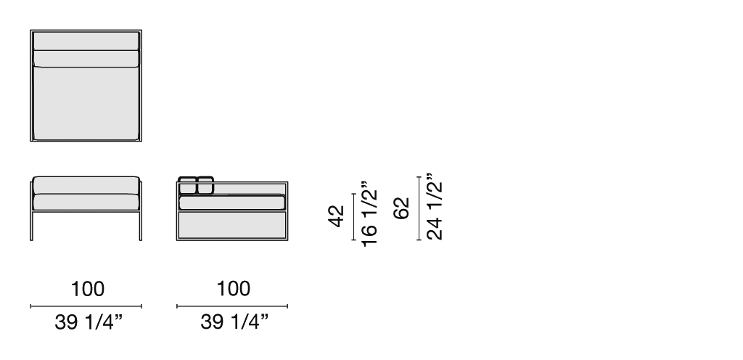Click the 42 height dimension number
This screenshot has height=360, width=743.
pos(336,216)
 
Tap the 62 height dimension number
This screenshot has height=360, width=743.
pos(401,208)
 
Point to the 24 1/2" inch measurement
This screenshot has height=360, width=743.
pos(435,207)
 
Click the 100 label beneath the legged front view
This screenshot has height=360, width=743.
pos(88,289)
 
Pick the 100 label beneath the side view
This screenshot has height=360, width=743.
pos(234,289)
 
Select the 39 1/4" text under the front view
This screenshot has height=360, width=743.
pos(89,322)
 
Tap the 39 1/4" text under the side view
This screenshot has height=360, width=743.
pos(234,322)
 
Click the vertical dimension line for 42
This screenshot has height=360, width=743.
pos(353,217)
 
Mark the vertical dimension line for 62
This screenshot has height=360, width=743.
pos(419,208)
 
